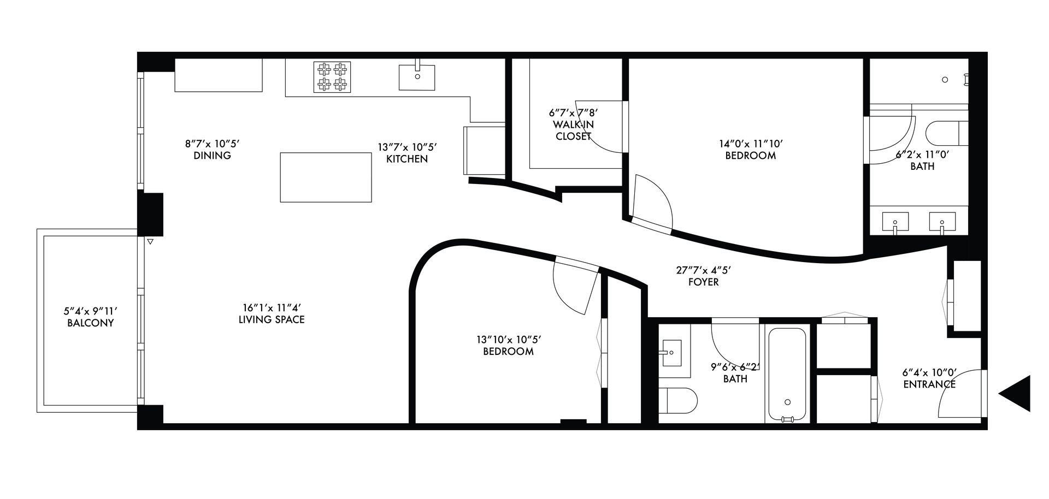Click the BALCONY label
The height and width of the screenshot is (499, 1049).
(x=90, y=323)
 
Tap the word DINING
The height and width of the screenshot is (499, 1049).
(x=212, y=156)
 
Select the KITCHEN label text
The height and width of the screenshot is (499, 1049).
(x=406, y=159)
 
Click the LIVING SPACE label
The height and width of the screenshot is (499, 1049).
(x=272, y=319)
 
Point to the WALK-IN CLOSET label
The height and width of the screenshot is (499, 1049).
(x=574, y=130)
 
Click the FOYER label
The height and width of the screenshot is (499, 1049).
(x=704, y=282)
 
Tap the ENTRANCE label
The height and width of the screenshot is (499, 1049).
(x=929, y=384)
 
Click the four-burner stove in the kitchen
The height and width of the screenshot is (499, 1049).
(x=332, y=76)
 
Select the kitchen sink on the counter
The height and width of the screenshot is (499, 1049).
(x=417, y=76)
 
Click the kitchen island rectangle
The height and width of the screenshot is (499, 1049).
(x=326, y=177)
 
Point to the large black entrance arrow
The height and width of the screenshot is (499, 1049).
(x=1016, y=393)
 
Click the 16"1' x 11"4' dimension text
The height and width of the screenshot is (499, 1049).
(x=272, y=308)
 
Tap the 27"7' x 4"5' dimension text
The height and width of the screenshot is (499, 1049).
(x=704, y=270)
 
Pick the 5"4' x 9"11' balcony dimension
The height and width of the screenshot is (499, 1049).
(x=90, y=311)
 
